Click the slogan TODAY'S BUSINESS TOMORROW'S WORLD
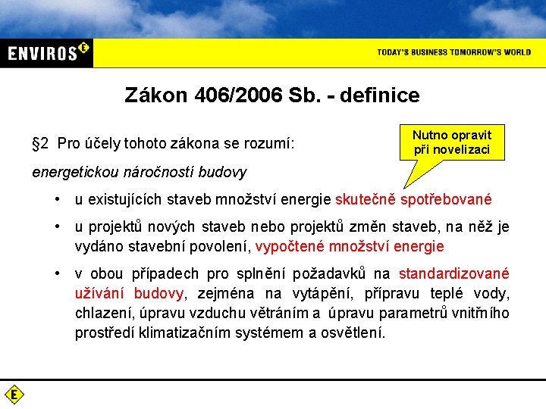tap(454, 52)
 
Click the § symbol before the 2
tap(36, 143)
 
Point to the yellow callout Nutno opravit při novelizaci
tap(452, 142)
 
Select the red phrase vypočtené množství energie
tap(350, 246)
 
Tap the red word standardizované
tap(453, 274)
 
